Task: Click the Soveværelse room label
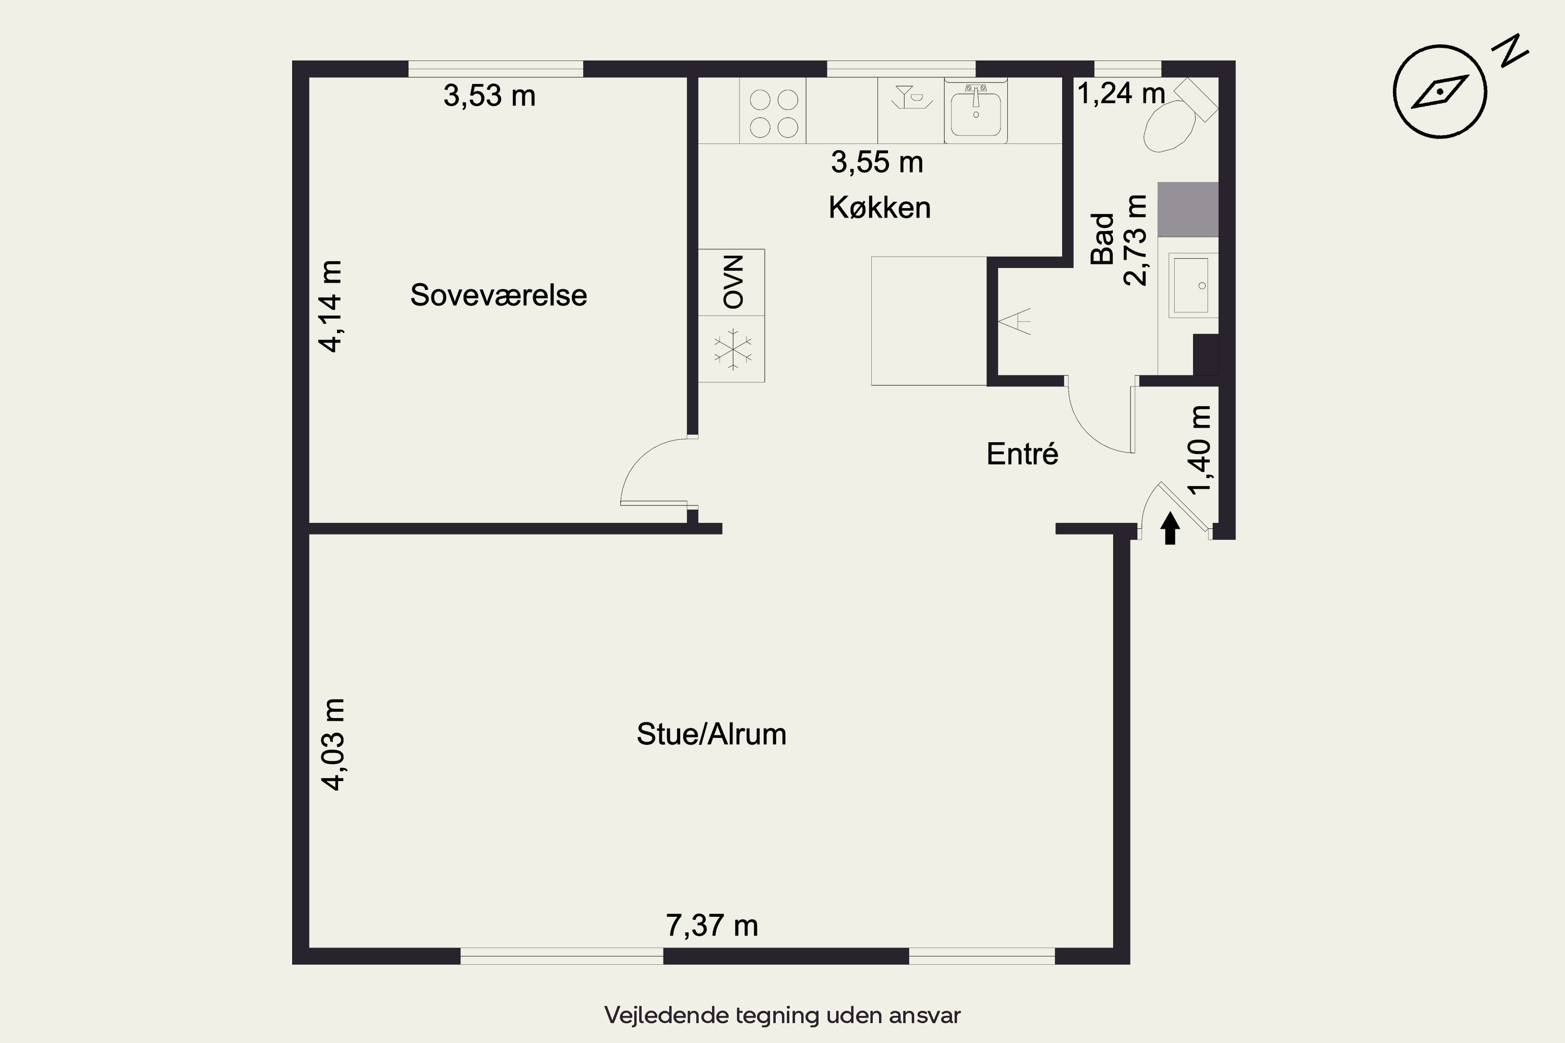498,295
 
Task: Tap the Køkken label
880,208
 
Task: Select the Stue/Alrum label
712,734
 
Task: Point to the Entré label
1022,454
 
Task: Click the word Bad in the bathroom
1103,239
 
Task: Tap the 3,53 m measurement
490,96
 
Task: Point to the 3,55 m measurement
877,162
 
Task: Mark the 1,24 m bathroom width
1121,93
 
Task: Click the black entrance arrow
1170,527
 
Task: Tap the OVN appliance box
731,282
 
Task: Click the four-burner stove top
773,111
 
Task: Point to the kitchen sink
976,111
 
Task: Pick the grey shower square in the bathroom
1188,210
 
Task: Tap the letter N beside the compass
1509,51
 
